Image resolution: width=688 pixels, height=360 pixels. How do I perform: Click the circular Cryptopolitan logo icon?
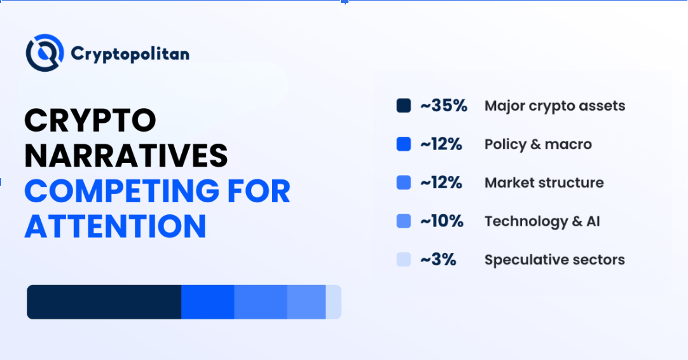coord(45,53)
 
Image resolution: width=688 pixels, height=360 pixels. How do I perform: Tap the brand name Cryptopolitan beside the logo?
coord(130,53)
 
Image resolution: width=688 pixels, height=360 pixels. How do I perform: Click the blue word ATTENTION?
coord(115,226)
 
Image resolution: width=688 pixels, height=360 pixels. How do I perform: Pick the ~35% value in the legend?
coord(444,106)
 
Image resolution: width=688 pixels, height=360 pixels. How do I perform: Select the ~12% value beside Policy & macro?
coord(441,144)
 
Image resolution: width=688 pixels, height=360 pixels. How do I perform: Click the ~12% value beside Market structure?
coord(441,183)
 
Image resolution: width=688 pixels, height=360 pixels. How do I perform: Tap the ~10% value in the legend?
coord(441,221)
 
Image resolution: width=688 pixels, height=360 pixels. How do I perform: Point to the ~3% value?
coord(438,260)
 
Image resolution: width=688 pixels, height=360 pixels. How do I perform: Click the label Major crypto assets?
coord(554,106)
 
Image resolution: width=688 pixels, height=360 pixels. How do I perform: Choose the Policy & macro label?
coord(538,144)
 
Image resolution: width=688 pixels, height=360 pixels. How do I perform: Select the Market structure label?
coord(544,183)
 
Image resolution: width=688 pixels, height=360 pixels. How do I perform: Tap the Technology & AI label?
coord(542,221)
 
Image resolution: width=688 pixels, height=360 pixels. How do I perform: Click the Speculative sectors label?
coord(554,260)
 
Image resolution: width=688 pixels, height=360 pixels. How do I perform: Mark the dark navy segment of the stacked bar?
coord(104,301)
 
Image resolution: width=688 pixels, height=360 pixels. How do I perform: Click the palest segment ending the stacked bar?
coord(334,301)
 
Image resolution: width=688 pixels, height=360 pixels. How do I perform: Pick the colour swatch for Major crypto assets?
coord(404,106)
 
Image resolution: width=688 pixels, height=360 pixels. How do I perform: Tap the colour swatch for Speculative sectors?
coord(404,260)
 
